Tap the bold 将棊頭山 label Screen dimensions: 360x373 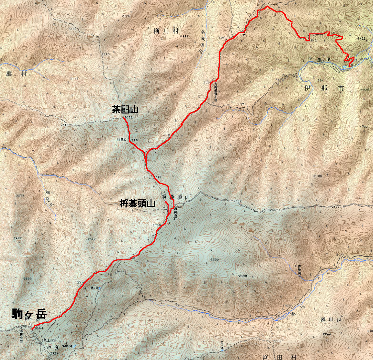138,204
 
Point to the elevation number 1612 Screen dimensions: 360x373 313,41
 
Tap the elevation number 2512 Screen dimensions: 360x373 92,239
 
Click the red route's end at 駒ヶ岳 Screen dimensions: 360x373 31,329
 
